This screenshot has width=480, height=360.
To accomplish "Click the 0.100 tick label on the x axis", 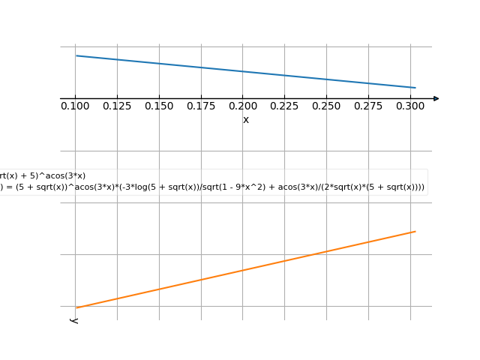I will click(75, 106).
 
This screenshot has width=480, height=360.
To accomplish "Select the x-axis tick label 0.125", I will click(117, 106).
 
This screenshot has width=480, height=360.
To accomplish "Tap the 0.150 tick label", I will click(159, 106).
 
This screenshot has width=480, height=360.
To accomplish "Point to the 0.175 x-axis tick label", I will click(200, 106).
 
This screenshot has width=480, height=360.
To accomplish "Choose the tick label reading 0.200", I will click(242, 106).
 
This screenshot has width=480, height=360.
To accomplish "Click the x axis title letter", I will click(245, 120).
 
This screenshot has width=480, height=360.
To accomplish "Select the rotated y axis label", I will click(74, 320).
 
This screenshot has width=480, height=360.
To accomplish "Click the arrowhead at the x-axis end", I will click(436, 98).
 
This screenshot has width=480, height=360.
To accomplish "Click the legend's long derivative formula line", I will click(214, 187).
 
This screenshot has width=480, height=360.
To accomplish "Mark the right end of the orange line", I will click(415, 232).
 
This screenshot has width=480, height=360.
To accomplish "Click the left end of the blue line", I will click(76, 55).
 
